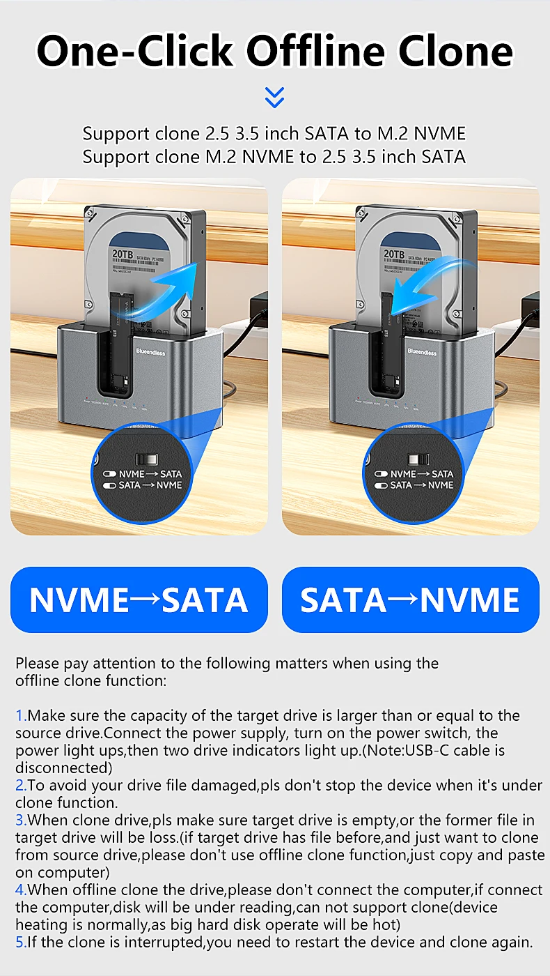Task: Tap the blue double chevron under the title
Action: click(x=275, y=98)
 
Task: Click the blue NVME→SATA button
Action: click(x=139, y=600)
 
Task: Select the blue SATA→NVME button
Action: click(x=410, y=600)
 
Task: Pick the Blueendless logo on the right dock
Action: click(x=422, y=352)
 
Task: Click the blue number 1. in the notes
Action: click(x=21, y=716)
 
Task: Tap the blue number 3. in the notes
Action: click(x=21, y=821)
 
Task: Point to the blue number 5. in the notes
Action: click(x=21, y=943)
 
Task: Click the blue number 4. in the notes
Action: click(x=21, y=890)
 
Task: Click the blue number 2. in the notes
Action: click(x=21, y=786)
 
